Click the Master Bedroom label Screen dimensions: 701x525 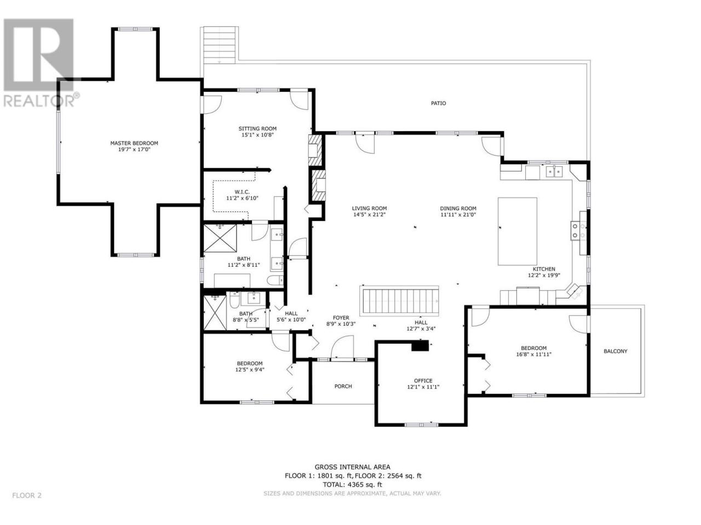134,143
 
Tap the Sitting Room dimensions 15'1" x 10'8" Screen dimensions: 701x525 257,135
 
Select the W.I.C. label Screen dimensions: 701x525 242,192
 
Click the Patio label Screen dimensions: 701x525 438,103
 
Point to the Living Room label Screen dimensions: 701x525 369,208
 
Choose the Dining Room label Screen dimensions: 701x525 458,208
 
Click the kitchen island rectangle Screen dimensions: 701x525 517,231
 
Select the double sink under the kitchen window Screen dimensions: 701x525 554,172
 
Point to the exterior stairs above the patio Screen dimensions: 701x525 219,45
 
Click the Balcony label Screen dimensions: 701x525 615,351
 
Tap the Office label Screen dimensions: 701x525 423,381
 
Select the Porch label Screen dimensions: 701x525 343,386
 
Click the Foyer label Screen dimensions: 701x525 341,318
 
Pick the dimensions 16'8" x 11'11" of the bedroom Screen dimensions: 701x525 533,354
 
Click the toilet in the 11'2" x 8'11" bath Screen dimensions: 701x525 275,280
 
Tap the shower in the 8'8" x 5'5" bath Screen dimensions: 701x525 215,313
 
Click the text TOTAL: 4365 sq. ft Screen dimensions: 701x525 352,485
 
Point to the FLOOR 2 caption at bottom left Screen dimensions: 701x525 27,495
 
